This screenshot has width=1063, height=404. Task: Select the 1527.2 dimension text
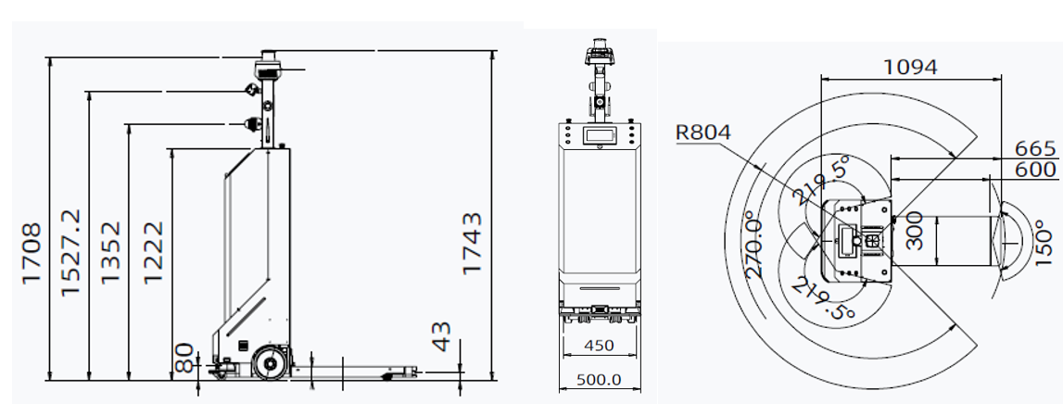pyautogui.click(x=70, y=252)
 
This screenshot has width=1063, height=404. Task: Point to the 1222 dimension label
pyautogui.click(x=154, y=252)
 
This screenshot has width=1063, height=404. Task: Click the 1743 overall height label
pyautogui.click(x=473, y=243)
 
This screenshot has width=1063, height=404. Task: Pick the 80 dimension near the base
pyautogui.click(x=185, y=355)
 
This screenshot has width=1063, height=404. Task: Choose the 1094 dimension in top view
pyautogui.click(x=909, y=67)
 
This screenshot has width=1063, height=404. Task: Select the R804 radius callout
pyautogui.click(x=703, y=133)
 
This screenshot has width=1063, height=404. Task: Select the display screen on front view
pyautogui.click(x=599, y=135)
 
